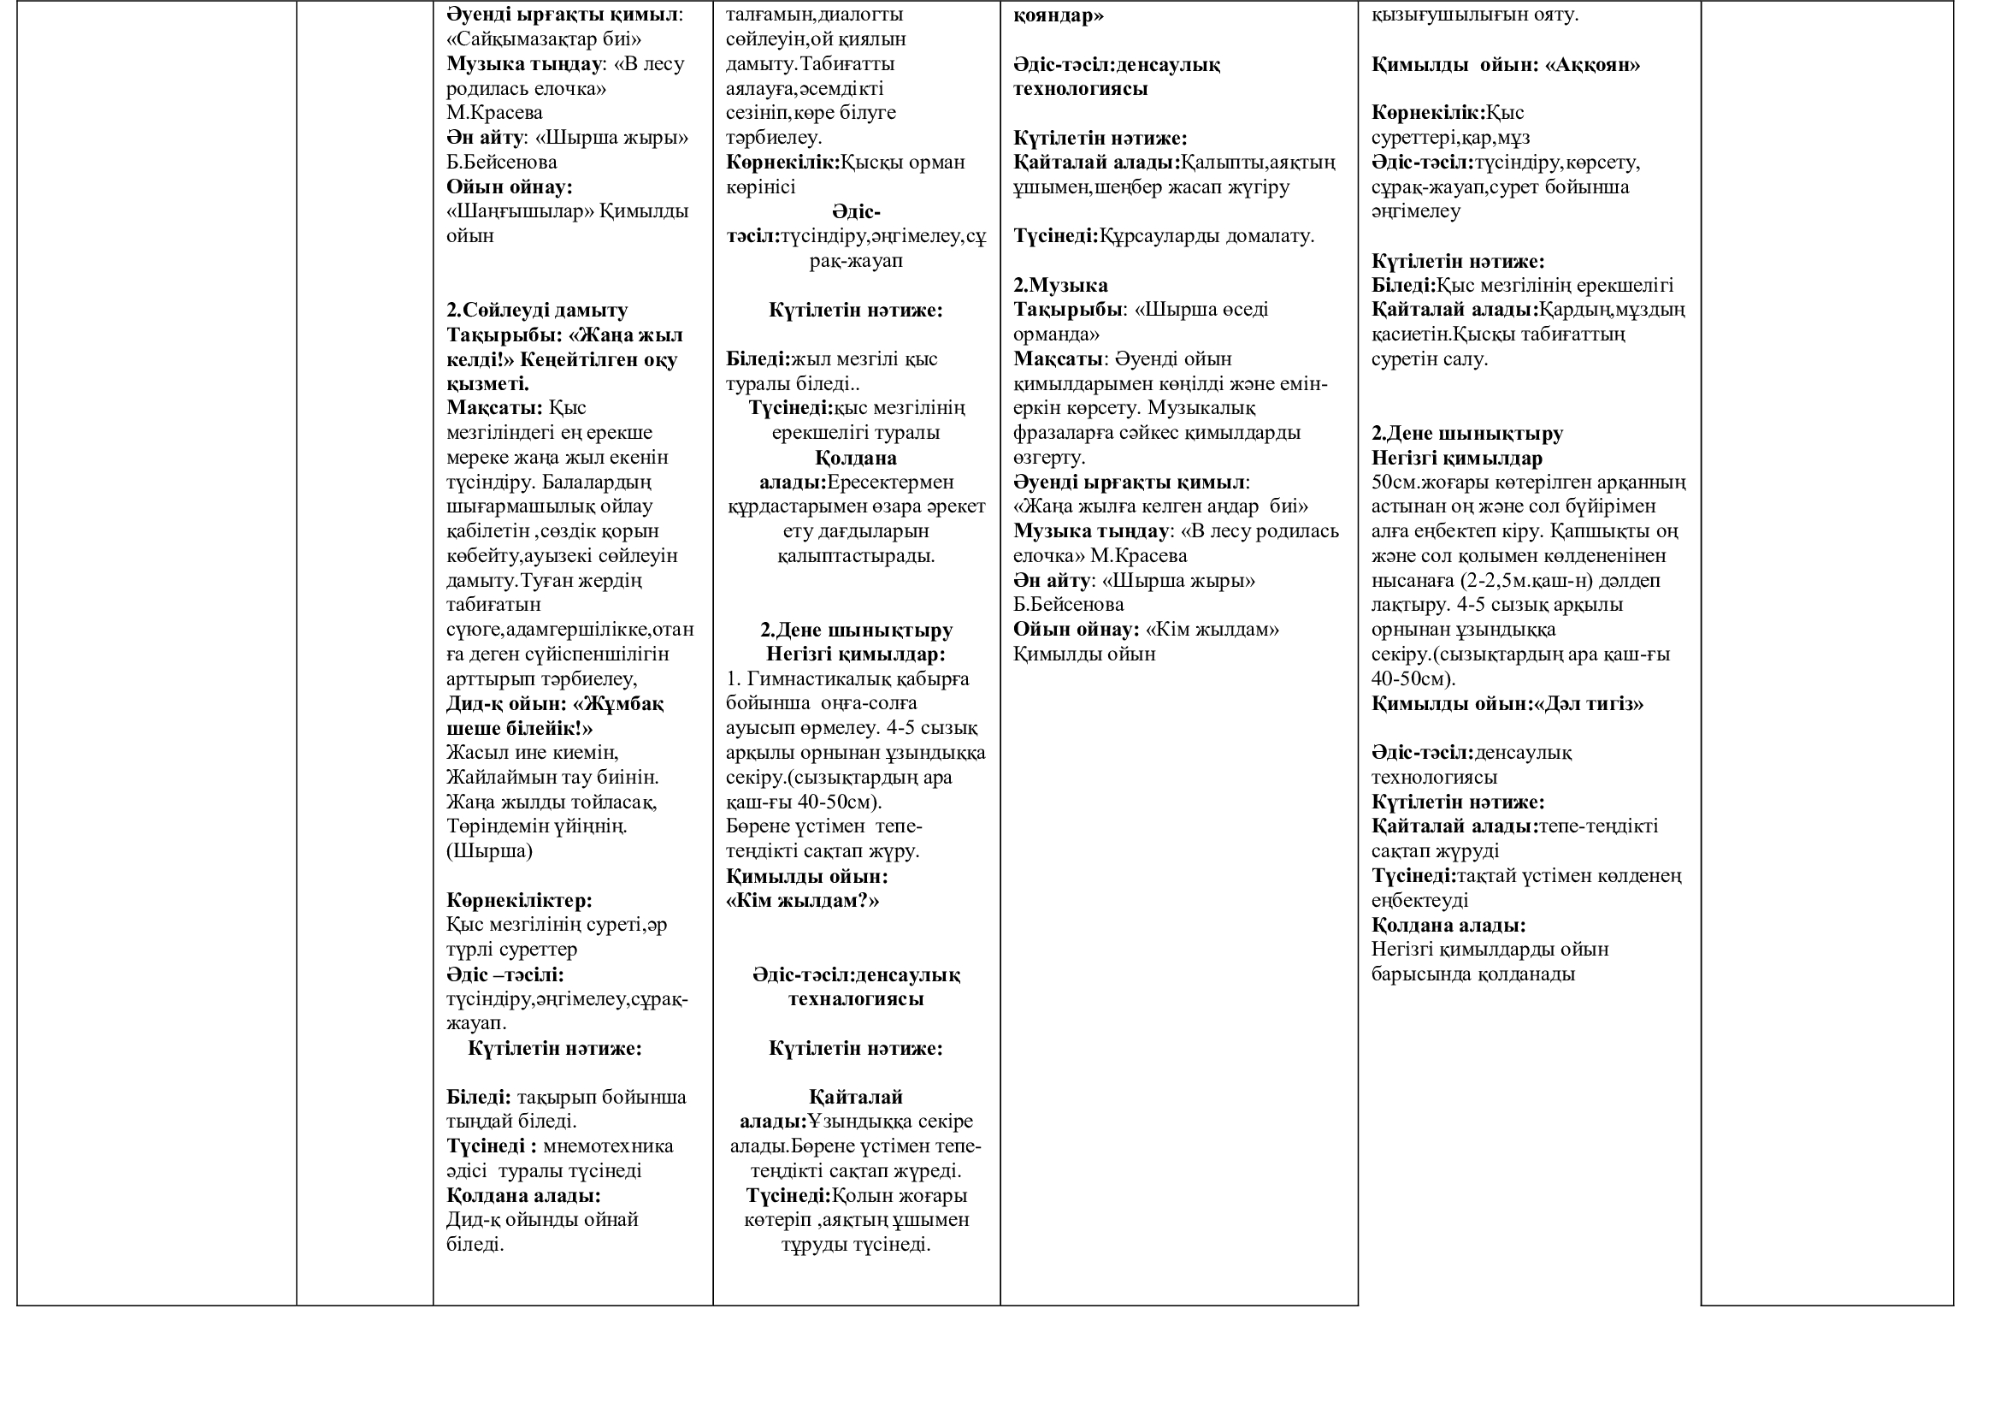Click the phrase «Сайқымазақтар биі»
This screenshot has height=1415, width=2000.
tap(544, 39)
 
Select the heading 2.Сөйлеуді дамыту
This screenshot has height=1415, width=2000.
tap(537, 311)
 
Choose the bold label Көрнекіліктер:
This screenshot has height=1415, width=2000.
tap(519, 900)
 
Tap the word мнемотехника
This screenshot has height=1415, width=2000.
tap(608, 1146)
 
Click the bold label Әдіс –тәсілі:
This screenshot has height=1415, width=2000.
tap(505, 974)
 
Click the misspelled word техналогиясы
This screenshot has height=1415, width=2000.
tap(855, 999)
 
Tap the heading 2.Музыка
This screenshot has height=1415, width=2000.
tap(1060, 285)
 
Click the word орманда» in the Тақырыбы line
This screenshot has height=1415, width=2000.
tap(1056, 335)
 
